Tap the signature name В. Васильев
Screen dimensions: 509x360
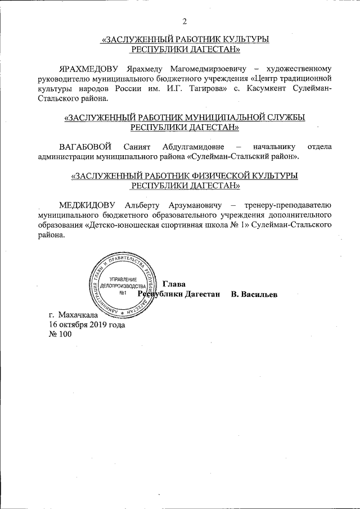point(254,295)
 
